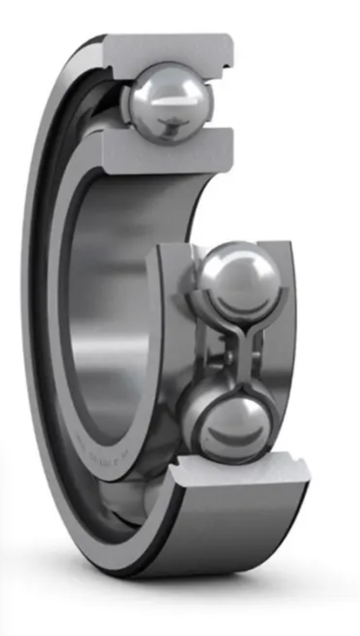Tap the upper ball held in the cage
coord(240,276)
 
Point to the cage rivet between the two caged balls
coord(230,358)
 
